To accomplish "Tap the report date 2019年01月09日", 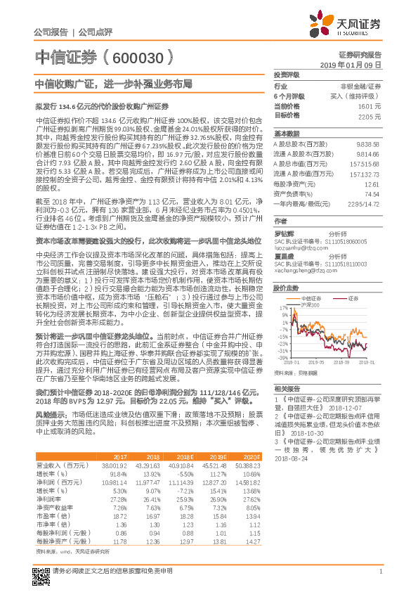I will (x=355, y=65).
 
